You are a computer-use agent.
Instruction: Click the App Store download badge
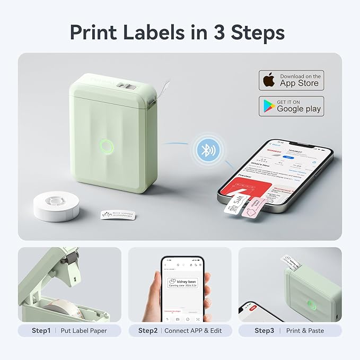pyautogui.click(x=291, y=80)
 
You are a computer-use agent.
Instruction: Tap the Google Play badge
pyautogui.click(x=291, y=106)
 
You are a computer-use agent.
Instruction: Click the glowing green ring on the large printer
pyautogui.click(x=107, y=146)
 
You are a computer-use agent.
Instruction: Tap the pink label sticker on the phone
pyautogui.click(x=251, y=207)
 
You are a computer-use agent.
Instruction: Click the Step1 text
pyautogui.click(x=41, y=330)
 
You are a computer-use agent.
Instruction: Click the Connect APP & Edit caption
pyautogui.click(x=193, y=330)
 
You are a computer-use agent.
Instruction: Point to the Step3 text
pyautogui.click(x=264, y=330)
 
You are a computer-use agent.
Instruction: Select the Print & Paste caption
pyautogui.click(x=306, y=330)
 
